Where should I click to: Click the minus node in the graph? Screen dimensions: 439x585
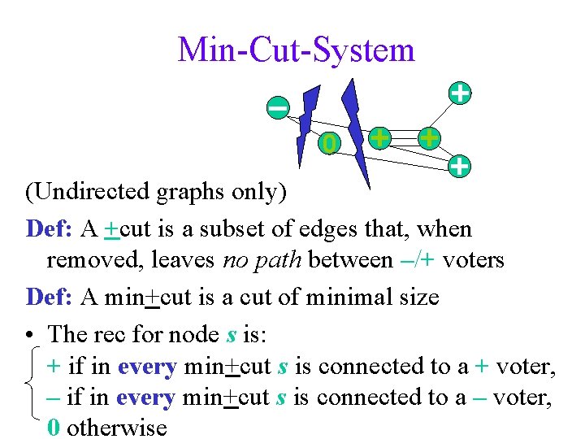click(x=278, y=107)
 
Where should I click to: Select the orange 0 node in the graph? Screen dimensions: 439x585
click(x=327, y=144)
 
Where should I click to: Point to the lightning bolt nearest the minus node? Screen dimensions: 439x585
click(x=307, y=122)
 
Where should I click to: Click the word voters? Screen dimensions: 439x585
click(x=475, y=261)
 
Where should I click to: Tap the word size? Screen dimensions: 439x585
click(x=417, y=298)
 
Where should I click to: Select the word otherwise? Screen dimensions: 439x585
click(x=117, y=428)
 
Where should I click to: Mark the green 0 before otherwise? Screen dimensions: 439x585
click(x=53, y=428)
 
